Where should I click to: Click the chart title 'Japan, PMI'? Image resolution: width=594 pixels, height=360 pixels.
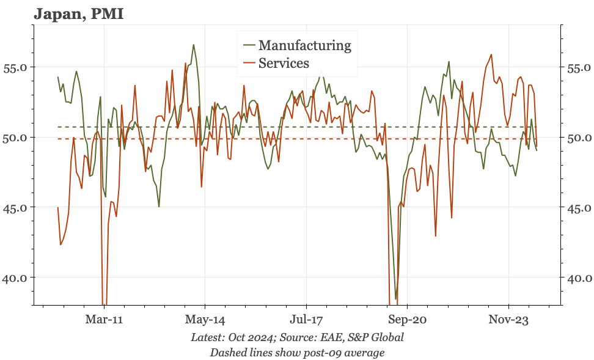coord(79,13)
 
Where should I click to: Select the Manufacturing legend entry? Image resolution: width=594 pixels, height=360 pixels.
coord(304,45)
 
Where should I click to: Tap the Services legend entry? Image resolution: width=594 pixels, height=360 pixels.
coord(284,63)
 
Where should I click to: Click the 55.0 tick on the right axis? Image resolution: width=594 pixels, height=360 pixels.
coord(577,67)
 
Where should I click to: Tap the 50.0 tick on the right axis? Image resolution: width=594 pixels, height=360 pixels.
coord(577,137)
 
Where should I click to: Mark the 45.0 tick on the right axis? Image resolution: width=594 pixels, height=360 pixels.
coord(577,207)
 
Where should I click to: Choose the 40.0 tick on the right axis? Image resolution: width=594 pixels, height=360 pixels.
coord(577,277)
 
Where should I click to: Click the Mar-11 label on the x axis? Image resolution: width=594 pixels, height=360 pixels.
coord(104,319)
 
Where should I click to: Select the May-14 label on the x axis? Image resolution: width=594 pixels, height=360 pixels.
coord(205,319)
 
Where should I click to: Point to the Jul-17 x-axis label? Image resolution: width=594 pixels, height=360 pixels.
coord(306,319)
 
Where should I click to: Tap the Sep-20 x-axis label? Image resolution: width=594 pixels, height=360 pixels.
coord(407,319)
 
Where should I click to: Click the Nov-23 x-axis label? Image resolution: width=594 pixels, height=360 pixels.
coord(508,319)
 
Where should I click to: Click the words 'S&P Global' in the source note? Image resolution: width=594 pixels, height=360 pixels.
coord(376,337)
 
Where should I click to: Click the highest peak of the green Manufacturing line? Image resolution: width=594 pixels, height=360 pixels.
coord(194,45)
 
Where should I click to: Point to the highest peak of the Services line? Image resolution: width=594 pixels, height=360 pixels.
coord(491,54)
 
